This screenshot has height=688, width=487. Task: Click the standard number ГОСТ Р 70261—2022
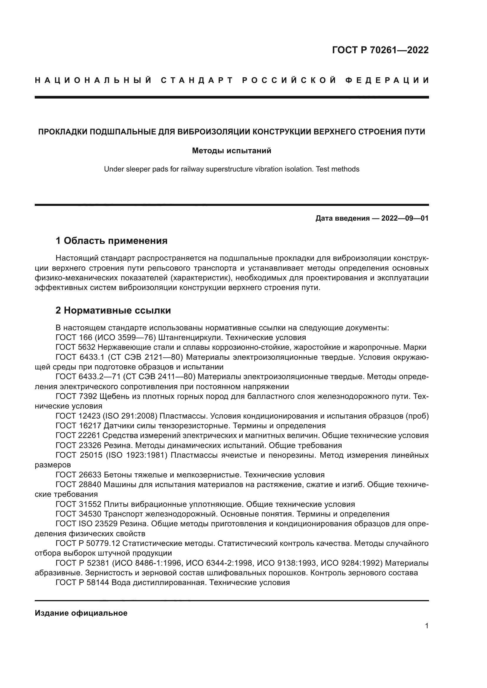pos(380,50)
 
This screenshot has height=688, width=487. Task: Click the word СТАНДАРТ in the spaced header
pos(197,80)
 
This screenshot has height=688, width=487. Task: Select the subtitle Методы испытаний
pos(231,151)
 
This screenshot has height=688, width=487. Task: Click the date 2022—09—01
pos(405,218)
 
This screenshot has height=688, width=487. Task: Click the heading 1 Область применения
pos(112,241)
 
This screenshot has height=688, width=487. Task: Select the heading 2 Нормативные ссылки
pos(113,310)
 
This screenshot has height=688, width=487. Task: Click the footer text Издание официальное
pos(81,613)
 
